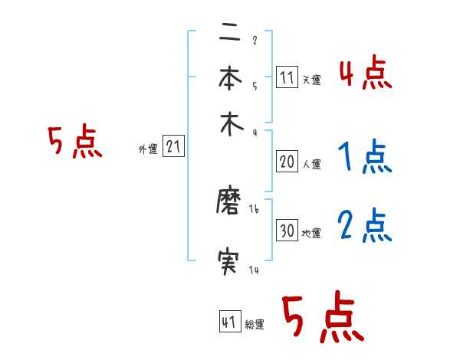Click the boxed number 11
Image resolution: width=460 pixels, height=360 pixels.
(x=287, y=77)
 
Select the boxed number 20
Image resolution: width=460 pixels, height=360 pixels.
(x=287, y=162)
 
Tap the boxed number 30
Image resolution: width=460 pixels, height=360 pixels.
(x=287, y=231)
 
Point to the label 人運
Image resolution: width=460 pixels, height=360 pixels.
(x=311, y=164)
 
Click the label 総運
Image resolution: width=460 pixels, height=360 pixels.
(x=255, y=325)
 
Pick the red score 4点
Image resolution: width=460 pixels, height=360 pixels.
(x=365, y=75)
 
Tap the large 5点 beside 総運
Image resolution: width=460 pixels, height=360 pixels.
(x=322, y=318)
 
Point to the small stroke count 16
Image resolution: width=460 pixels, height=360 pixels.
(x=255, y=210)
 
